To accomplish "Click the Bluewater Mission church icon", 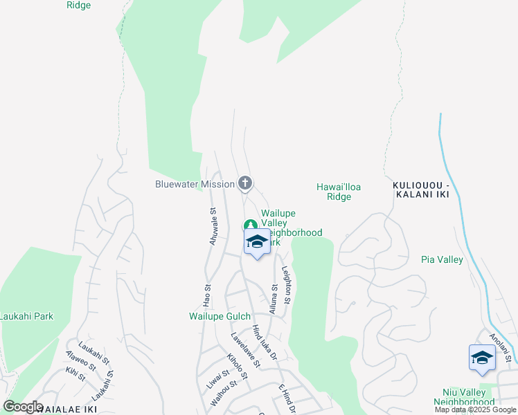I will click(244, 184).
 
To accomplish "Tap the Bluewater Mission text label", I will click(195, 185).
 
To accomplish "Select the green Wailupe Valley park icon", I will click(249, 225).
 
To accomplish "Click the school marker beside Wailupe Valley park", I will click(257, 243).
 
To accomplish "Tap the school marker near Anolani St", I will click(482, 358).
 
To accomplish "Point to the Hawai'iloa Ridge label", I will click(339, 192).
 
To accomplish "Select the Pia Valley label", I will click(441, 259).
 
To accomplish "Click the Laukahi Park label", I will click(26, 316).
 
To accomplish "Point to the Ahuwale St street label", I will click(213, 228).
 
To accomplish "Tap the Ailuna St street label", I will click(274, 299).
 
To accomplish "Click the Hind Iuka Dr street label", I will click(265, 343).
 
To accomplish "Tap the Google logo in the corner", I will click(23, 407).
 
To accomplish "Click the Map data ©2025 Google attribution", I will click(475, 409).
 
